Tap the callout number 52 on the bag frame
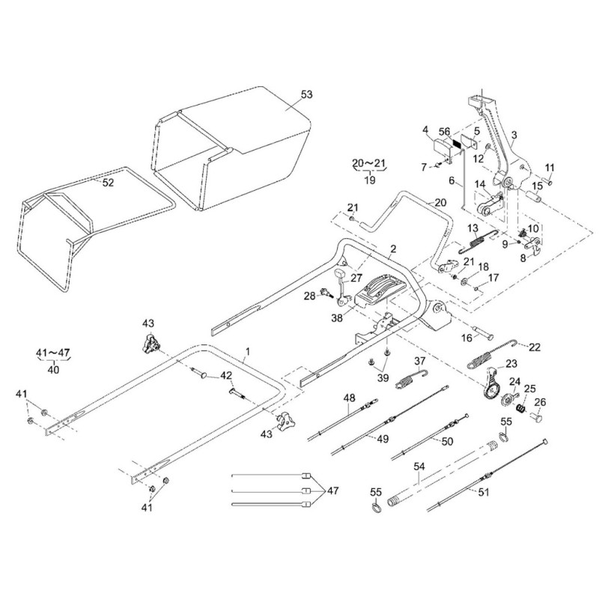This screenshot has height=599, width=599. [x=108, y=183]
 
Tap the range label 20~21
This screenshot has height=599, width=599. [x=371, y=162]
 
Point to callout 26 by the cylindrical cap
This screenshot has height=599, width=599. [x=541, y=402]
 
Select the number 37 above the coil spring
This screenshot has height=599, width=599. [x=420, y=362]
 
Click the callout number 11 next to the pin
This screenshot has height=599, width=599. [x=548, y=166]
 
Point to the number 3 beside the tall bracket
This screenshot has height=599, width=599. [x=514, y=135]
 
